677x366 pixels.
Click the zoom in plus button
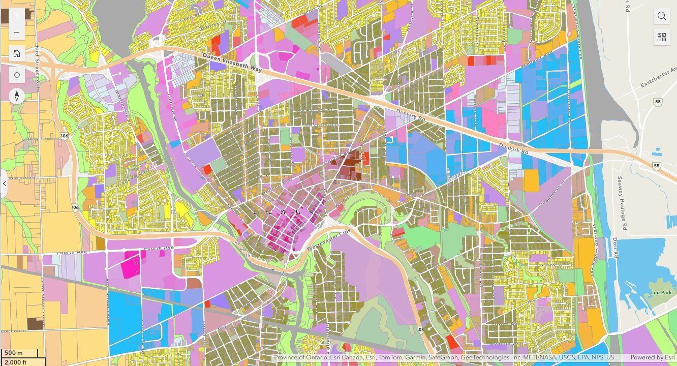[x=17, y=16]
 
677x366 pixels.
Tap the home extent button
[x=17, y=53]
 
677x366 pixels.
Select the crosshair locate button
[x=17, y=75]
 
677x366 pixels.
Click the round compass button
[x=17, y=96]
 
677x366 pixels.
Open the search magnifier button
[x=661, y=16]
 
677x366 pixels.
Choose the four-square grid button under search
[x=661, y=37]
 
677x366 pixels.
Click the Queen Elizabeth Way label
[x=232, y=63]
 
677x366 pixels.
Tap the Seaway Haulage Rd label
[x=621, y=202]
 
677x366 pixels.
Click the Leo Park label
[x=661, y=293]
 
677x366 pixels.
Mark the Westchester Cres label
[x=328, y=240]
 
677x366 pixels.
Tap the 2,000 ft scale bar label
[x=16, y=362]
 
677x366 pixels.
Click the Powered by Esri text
[x=653, y=357]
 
